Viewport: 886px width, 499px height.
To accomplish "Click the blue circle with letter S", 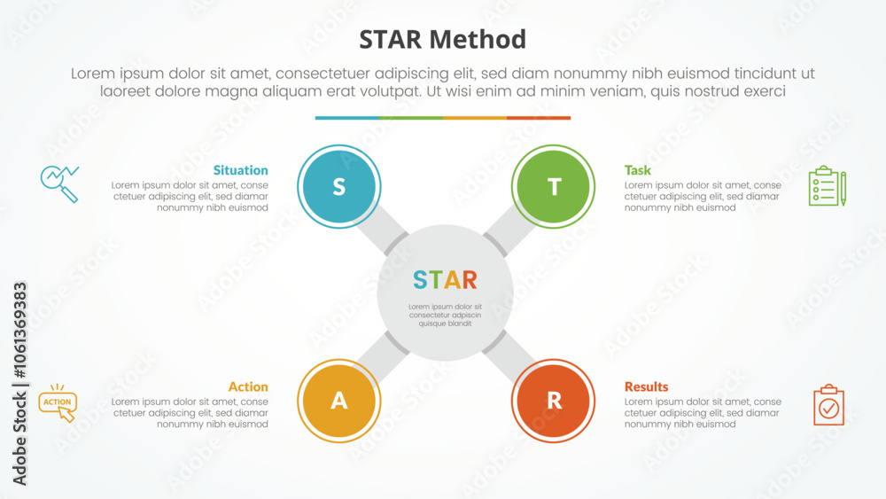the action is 339,186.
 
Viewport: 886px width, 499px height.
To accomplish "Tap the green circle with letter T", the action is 553,186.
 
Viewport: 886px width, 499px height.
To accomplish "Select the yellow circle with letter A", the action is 339,401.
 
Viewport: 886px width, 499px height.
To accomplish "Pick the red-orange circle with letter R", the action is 553,401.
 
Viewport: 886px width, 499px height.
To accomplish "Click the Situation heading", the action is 241,170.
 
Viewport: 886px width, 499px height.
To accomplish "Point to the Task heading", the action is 637,170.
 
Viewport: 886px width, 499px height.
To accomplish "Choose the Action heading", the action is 248,386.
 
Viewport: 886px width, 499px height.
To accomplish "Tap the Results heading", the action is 647,386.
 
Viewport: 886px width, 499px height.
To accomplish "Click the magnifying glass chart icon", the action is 59,184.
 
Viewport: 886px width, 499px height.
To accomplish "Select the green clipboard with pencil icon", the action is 828,186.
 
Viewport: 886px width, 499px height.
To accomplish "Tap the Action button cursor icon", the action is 58,403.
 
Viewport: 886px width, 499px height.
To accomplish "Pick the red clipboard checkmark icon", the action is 829,405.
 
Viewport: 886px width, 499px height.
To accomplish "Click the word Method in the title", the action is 478,40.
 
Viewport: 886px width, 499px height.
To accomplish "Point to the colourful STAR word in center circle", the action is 446,280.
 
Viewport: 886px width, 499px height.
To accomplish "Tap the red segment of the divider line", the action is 539,118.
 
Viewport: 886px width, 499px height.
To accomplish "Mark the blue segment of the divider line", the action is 347,118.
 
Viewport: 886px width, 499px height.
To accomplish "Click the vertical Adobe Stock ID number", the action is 20,331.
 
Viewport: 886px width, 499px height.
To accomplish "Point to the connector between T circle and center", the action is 509,230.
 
